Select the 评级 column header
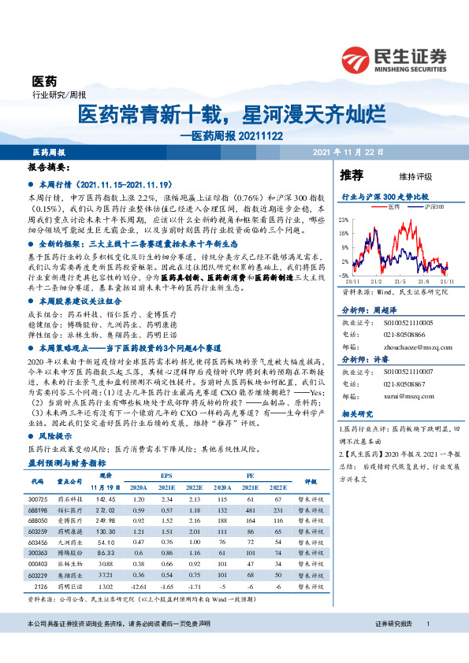310,481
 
